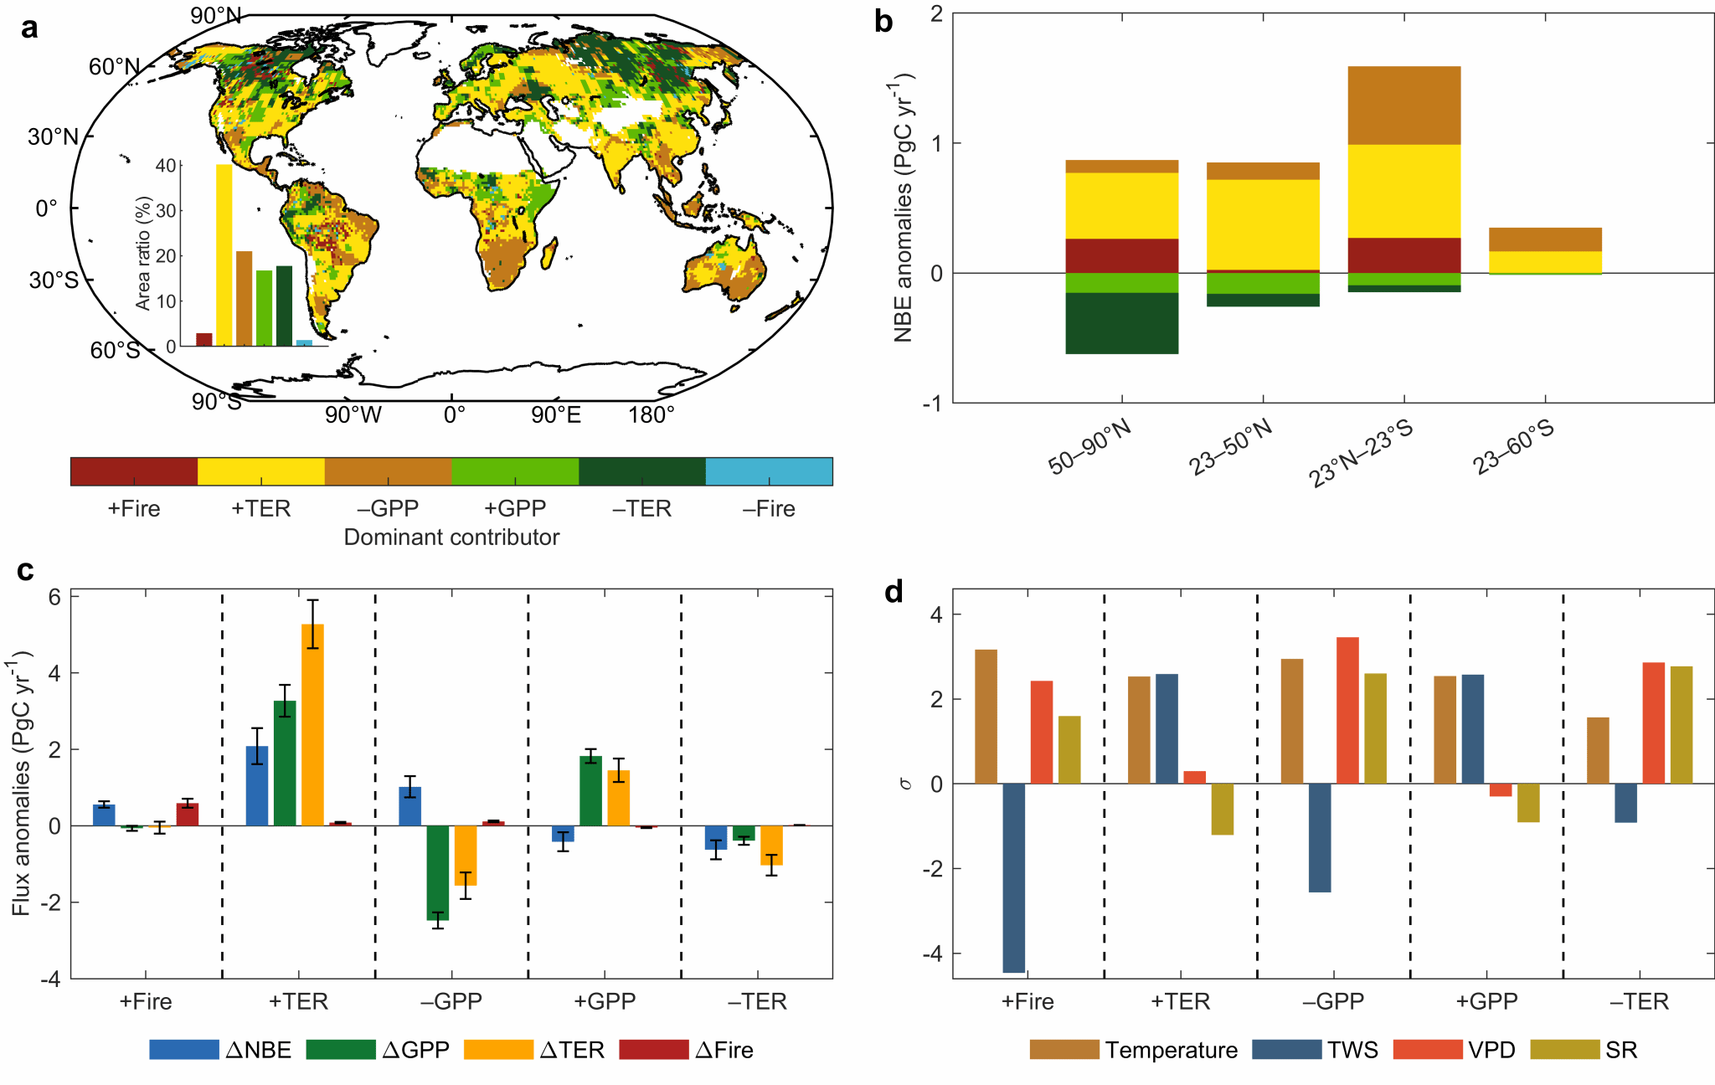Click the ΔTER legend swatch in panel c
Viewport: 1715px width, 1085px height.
(498, 1050)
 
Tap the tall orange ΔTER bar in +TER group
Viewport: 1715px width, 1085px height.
(312, 724)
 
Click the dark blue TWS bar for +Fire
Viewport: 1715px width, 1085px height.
(1013, 877)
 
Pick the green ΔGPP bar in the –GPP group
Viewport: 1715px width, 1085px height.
(437, 872)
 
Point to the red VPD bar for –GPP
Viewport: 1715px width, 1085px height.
(1347, 710)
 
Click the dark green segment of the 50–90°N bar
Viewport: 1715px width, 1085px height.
(1121, 323)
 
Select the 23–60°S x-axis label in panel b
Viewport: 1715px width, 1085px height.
(1513, 447)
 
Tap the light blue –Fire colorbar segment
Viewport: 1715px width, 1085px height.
(769, 471)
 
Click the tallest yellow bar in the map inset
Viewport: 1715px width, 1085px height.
(224, 255)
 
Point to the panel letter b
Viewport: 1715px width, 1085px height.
(883, 22)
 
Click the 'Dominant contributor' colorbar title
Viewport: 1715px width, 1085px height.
(451, 537)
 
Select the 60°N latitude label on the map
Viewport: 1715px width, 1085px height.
(114, 67)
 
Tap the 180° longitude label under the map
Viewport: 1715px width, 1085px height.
(651, 415)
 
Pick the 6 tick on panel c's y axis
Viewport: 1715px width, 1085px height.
(54, 597)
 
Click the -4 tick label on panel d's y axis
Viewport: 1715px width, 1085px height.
(932, 954)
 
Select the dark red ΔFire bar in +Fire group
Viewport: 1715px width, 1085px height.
(188, 814)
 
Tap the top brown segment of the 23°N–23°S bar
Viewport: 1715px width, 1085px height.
(1404, 105)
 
